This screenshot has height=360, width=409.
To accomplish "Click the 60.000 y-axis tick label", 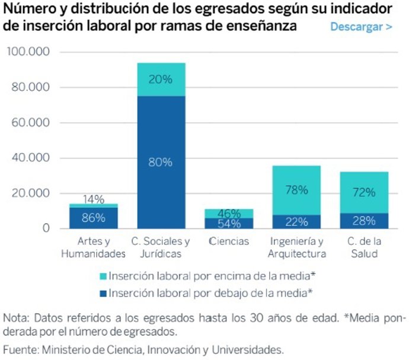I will tap(30, 123).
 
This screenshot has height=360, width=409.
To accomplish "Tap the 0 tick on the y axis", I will tap(44, 228).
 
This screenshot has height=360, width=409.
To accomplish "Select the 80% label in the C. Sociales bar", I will tap(161, 162).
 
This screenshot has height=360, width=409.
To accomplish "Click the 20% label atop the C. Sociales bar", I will tap(161, 79).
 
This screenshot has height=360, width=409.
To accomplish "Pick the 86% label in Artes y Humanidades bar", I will tap(93, 218).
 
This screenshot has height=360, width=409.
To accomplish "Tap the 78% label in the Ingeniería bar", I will tap(296, 190).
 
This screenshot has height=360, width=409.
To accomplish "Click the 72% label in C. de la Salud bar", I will tap(363, 192).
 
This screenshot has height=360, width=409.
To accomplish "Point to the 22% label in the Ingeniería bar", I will tap(296, 222).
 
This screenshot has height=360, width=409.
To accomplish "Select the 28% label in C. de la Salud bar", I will tap(363, 221).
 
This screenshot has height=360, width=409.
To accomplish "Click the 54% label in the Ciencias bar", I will tap(229, 224).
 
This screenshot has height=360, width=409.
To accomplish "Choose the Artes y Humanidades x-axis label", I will tap(93, 248).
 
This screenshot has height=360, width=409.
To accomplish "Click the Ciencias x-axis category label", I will tap(229, 242).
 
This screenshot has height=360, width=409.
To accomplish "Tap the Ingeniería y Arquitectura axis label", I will tap(296, 248).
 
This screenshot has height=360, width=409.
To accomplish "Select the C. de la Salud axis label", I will tap(363, 248).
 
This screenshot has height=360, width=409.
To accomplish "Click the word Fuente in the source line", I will tap(20, 349).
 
